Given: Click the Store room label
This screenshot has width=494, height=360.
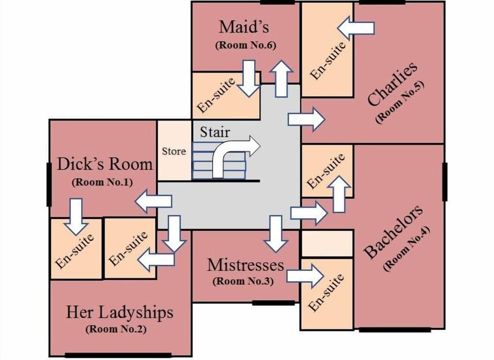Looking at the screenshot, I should pos(174,151).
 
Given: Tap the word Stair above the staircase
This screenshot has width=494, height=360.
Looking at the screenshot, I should pos(215,132).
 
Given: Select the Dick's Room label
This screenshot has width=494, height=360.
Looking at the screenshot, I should pos(105,164).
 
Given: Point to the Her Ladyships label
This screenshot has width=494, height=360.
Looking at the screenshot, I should pos(119,312).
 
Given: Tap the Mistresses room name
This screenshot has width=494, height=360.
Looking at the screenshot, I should pos(245,265).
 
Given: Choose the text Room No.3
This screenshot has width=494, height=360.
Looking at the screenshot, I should pos(242,282).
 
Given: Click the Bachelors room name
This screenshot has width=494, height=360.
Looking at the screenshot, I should pos(394,232).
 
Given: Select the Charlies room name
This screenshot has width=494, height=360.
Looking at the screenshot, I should pos(392,84).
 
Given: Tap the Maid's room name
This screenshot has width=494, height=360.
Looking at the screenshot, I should pos(244,26).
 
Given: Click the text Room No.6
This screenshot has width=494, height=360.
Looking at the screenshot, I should pos(245,45).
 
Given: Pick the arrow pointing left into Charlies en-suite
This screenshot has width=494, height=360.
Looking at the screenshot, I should pos(356,28).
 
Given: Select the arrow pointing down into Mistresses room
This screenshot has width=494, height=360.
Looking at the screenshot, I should pos(276,233).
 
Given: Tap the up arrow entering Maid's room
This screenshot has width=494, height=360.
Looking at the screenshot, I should pos(283,78).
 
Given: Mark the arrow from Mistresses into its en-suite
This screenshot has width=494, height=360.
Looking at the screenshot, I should pos(305,276).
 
